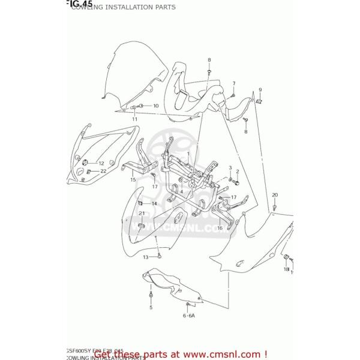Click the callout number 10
click(x=156, y=106)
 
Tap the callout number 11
click(x=135, y=119)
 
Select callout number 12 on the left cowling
click(x=101, y=163)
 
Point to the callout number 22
click(x=103, y=171)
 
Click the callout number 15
click(x=133, y=179)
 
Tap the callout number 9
click(x=260, y=90)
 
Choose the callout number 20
click(x=275, y=195)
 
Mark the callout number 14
click(x=154, y=204)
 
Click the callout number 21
click(x=142, y=214)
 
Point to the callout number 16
click(x=220, y=228)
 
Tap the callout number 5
click(x=151, y=308)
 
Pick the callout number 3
click(x=230, y=167)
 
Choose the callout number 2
click(x=238, y=172)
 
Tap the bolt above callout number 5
click(x=150, y=295)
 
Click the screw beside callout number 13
click(x=159, y=256)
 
